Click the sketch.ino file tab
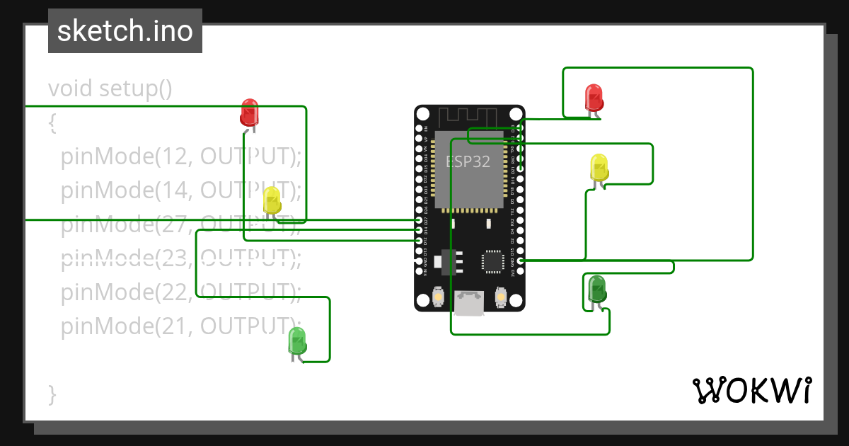click(x=125, y=31)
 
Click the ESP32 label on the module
click(x=468, y=161)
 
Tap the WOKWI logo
click(x=751, y=390)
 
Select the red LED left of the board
click(x=249, y=113)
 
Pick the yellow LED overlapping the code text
click(x=272, y=201)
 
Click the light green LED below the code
click(x=297, y=342)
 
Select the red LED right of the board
click(x=594, y=98)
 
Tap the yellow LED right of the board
click(x=599, y=168)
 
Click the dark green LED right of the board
click(x=596, y=289)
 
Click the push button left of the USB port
click(x=439, y=297)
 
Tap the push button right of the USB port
click(x=501, y=297)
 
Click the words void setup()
click(x=110, y=89)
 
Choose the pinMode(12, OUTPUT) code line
click(x=180, y=156)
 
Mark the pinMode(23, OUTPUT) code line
click(x=180, y=258)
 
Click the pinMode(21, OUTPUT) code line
click(x=180, y=326)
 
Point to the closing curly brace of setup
click(x=52, y=394)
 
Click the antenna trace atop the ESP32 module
click(x=469, y=118)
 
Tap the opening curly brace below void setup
click(x=52, y=122)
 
